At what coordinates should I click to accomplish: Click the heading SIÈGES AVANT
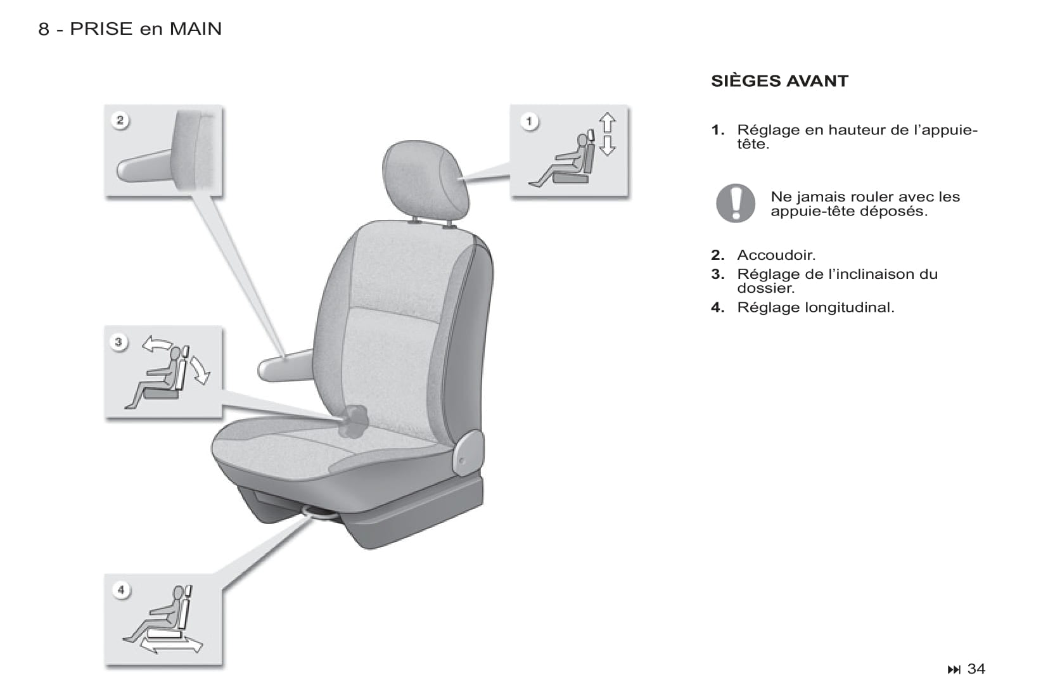point(779,81)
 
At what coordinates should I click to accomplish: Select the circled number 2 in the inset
point(120,120)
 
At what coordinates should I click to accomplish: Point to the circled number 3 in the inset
point(119,342)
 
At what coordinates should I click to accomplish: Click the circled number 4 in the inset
point(121,590)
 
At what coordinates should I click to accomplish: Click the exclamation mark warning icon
point(736,203)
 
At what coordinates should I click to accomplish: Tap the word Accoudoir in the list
point(776,255)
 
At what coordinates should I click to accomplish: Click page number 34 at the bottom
point(976,669)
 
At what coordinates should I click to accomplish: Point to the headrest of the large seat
point(425,180)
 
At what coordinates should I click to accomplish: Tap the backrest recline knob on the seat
point(354,421)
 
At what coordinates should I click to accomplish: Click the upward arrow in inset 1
point(607,122)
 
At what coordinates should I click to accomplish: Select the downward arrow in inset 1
point(607,146)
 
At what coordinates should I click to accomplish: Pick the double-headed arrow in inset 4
point(171,645)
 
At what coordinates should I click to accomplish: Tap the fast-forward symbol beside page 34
point(954,669)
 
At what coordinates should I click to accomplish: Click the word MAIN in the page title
point(196,29)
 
